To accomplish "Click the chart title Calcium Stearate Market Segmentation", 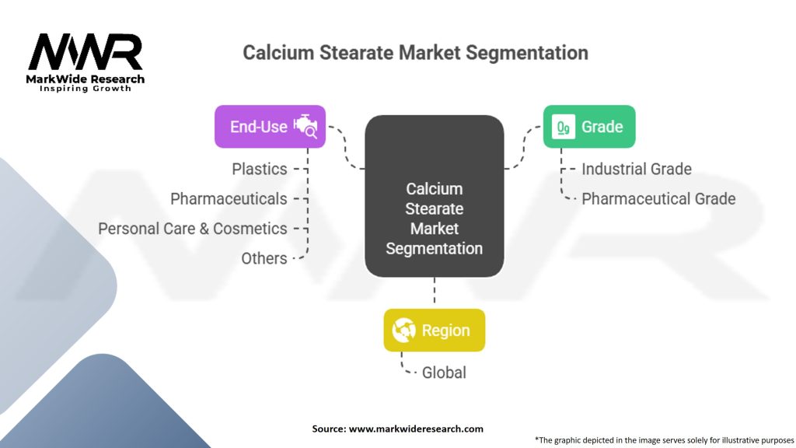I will coord(415,53).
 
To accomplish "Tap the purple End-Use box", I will coord(270,126).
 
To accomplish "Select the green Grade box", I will coord(588,126).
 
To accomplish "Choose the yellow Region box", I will coord(434,330).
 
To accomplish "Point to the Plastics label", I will coord(260,169).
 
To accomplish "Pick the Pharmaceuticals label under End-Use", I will coord(229,199).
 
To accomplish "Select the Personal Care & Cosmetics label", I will coord(193,229).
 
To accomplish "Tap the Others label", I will coord(264,258).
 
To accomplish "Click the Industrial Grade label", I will coord(636,169).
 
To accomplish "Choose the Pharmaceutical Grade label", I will coord(658,198).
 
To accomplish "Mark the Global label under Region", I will coord(444,373).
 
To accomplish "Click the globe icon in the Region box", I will coord(404,331).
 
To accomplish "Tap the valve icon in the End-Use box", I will coord(305,127).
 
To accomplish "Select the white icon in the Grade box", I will coord(564,127).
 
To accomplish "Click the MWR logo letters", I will coord(86,52).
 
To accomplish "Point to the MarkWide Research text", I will coord(86,79).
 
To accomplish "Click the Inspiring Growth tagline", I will coord(86,89).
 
